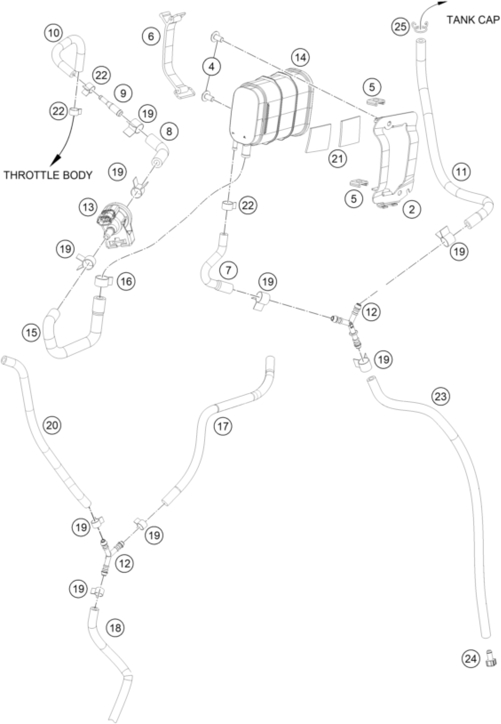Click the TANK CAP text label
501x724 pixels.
473,20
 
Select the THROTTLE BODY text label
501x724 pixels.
48,175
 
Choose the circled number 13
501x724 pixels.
88,207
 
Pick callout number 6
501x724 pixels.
151,37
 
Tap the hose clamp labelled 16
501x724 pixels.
102,280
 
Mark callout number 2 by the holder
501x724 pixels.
411,209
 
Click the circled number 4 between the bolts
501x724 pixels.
212,67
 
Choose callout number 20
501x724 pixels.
52,425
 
